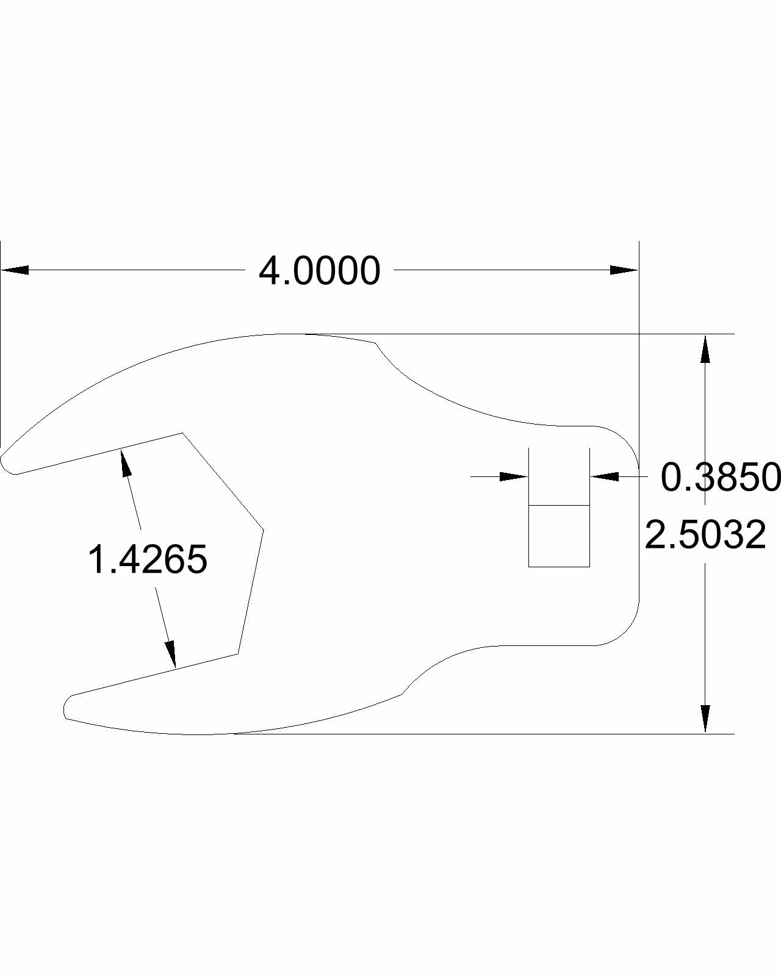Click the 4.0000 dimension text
click(319, 271)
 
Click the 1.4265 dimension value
click(148, 560)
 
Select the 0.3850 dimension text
click(720, 477)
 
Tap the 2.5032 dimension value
click(705, 535)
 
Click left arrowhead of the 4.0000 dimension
click(15, 270)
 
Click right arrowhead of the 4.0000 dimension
click(624, 270)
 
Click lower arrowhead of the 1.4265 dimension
click(171, 653)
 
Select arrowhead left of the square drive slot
click(514, 476)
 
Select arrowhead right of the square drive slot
click(605, 476)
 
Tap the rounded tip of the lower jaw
click(68, 708)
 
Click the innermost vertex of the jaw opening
click(263, 529)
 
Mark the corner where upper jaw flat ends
click(182, 433)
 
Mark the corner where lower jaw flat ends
click(237, 654)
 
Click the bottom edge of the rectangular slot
click(559, 567)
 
